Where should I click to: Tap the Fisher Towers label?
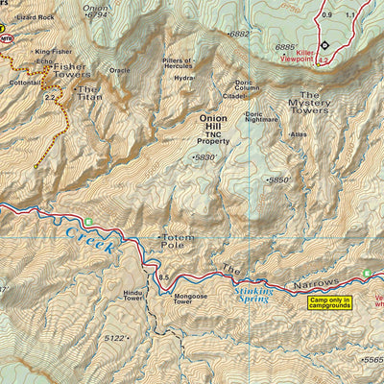[x=72, y=71]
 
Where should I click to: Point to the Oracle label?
[x=119, y=70]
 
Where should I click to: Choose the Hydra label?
[x=184, y=78]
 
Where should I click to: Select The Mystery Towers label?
[x=309, y=103]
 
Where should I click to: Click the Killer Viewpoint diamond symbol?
[x=324, y=45]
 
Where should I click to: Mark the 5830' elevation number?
[x=205, y=157]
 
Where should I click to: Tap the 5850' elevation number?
[x=278, y=180]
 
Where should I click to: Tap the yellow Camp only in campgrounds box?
[x=329, y=303]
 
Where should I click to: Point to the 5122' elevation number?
[x=114, y=338]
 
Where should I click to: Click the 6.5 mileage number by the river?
[x=164, y=277]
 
